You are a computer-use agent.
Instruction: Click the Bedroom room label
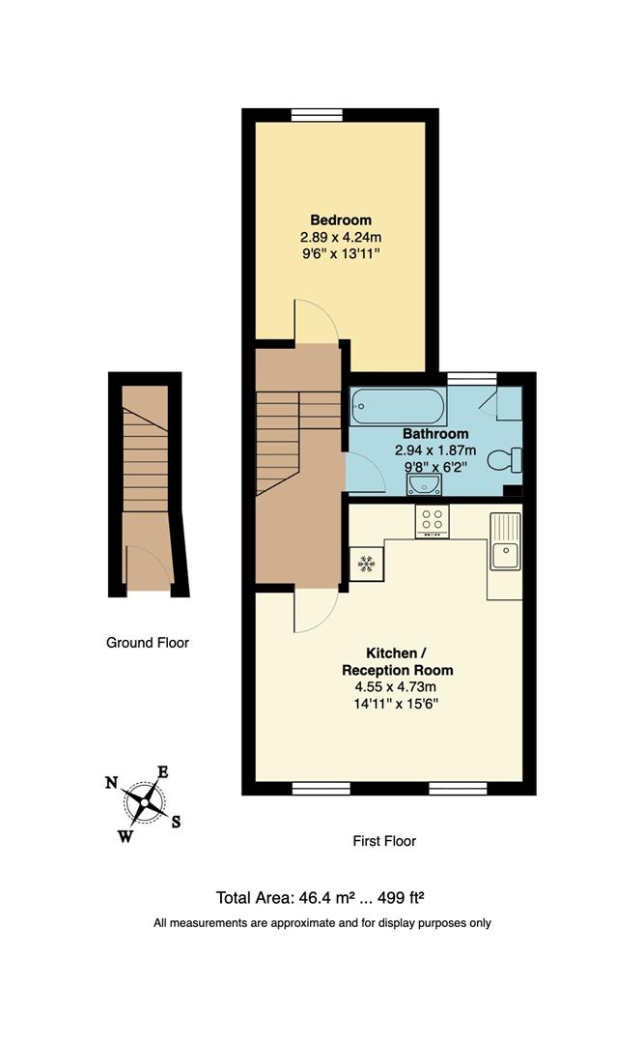click(x=340, y=219)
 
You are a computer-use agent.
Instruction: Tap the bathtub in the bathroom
click(x=398, y=407)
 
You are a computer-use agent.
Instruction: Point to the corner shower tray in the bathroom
click(x=507, y=403)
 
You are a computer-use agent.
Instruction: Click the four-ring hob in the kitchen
click(x=431, y=521)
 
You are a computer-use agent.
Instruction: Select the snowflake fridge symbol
click(x=366, y=564)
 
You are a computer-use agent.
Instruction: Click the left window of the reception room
click(x=321, y=788)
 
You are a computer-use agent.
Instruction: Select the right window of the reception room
click(x=458, y=788)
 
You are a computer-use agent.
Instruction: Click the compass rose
click(x=145, y=799)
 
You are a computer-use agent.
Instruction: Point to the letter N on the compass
click(x=112, y=783)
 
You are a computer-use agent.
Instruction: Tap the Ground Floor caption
click(x=148, y=642)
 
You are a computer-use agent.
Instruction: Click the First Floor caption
click(x=384, y=841)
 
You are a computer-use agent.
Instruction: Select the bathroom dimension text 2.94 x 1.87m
click(x=436, y=450)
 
